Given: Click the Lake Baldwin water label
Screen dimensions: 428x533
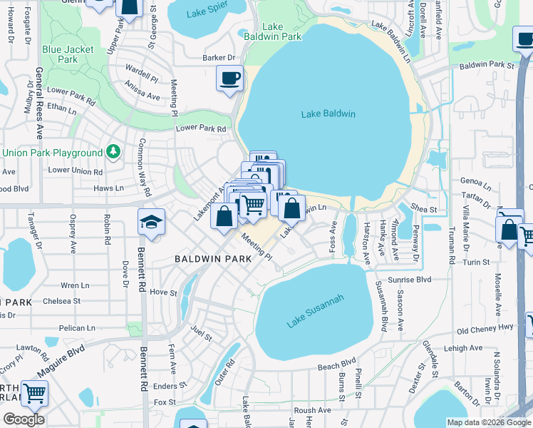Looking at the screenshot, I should point(328,113).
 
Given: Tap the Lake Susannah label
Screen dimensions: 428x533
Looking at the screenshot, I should point(316,311).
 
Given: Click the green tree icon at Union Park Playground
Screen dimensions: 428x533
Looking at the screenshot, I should point(113,152).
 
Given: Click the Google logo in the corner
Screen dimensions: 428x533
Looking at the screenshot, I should point(24,419).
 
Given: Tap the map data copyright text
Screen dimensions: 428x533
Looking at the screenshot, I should point(488,422).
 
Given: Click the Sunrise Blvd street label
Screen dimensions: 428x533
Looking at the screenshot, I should point(410,280).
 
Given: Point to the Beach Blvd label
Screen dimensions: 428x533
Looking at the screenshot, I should point(336,365).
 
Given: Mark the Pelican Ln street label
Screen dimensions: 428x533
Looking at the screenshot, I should point(78,328).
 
